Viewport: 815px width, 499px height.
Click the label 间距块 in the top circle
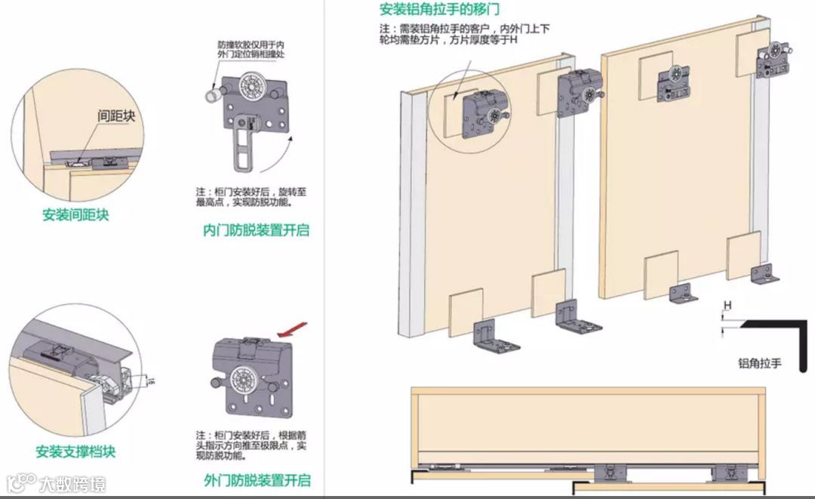pos(115,116)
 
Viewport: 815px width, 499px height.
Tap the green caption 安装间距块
pos(75,214)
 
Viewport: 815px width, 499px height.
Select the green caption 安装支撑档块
pos(75,452)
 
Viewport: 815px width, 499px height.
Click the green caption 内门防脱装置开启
pos(257,230)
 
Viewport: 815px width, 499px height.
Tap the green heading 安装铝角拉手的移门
pos(439,11)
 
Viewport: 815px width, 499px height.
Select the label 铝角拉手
pos(759,364)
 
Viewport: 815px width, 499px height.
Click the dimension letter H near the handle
pos(727,305)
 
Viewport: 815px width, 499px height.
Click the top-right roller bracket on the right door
pos(773,60)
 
